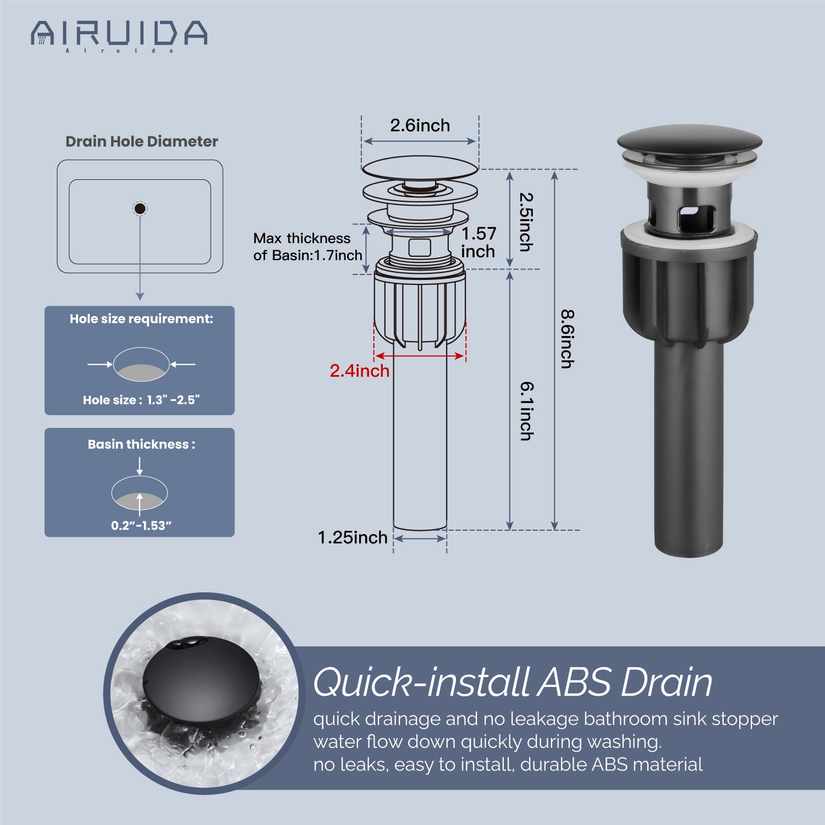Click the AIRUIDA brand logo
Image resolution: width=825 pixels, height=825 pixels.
119,36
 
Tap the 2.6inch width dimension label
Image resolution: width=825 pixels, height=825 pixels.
420,125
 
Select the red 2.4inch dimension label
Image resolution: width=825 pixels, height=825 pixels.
360,371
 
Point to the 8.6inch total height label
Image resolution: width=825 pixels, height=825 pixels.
568,339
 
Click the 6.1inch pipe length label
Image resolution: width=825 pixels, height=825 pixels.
527,411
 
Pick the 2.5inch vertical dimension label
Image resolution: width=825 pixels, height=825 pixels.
526,222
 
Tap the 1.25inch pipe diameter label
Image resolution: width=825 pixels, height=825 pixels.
353,537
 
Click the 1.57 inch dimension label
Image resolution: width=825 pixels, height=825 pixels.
479,242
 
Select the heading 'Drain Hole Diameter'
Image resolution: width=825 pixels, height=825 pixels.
142,141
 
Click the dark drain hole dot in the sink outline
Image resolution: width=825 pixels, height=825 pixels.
140,208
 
